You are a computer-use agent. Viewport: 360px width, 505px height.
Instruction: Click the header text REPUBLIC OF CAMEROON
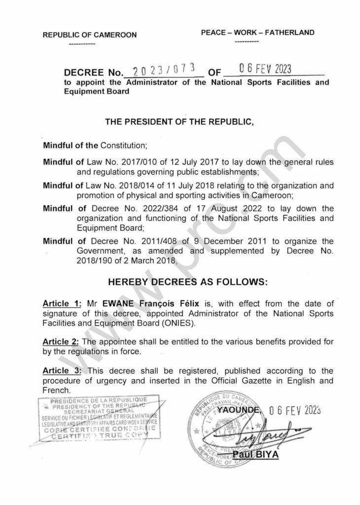(x=90, y=36)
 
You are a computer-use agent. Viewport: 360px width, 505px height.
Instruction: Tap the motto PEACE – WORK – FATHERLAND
(x=257, y=33)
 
